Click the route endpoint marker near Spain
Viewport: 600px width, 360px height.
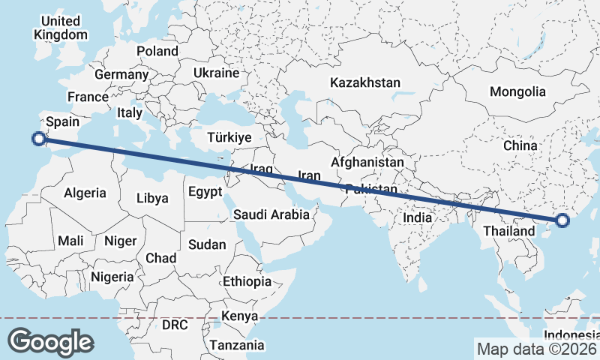coord(39,138)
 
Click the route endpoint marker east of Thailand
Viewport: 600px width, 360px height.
coord(562,220)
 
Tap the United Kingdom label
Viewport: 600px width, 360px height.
coord(61,28)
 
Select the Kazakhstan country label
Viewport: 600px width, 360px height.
coord(365,82)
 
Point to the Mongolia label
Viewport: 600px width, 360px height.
coord(517,92)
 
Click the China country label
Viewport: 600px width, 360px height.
coord(520,145)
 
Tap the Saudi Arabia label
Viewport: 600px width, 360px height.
coord(271,214)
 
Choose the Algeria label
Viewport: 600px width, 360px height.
coord(85,193)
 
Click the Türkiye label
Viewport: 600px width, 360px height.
coord(229,137)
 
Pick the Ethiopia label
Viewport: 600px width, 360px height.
coord(247,281)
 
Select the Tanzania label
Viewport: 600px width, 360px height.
coord(237,345)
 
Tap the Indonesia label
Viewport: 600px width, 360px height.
coord(571,334)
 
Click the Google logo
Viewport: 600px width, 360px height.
coord(50,342)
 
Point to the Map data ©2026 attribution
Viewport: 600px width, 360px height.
coord(536,349)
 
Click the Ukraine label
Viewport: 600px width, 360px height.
coord(216,73)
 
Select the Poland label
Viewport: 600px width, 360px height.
coord(157,51)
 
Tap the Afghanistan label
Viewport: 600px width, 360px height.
coord(367,161)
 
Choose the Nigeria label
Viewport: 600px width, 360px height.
coord(112,277)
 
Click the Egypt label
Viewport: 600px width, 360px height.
coord(205,191)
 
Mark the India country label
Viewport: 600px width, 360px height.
coord(418,217)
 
